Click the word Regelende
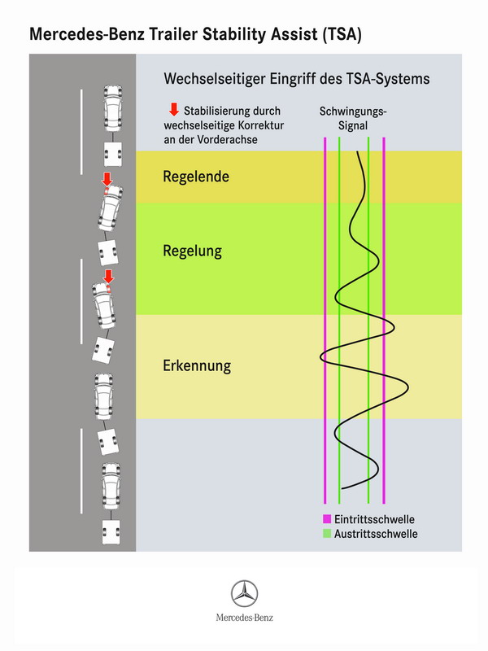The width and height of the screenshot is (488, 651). click(196, 177)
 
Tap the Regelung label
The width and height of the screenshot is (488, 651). click(192, 251)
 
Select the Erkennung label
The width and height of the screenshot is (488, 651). click(197, 365)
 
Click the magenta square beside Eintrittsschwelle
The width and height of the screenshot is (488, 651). click(327, 519)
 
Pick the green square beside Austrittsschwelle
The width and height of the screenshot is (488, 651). click(327, 534)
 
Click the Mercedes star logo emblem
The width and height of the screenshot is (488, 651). click(245, 594)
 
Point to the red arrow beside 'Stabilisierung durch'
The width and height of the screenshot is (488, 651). click(174, 110)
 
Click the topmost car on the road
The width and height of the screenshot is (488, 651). click(112, 109)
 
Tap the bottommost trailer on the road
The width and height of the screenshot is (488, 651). click(111, 532)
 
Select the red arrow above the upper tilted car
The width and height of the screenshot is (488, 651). click(107, 179)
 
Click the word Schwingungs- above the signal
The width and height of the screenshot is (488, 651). click(353, 111)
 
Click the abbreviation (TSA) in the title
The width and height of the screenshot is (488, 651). click(342, 34)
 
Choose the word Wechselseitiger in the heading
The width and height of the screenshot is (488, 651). click(214, 79)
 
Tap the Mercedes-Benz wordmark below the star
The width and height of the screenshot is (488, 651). click(245, 618)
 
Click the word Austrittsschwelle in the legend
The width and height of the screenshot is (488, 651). click(376, 534)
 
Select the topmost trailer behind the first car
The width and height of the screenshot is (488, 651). click(113, 154)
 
